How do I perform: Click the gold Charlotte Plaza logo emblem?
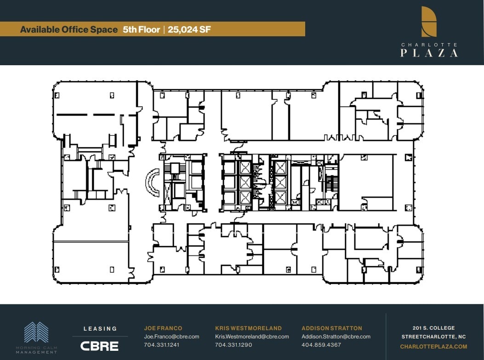coord(429,22)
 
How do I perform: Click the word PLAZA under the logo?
coord(429,53)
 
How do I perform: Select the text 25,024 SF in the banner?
coord(189,30)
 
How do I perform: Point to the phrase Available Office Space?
coord(69,30)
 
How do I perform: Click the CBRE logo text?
coord(99,346)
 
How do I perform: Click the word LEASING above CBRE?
coord(100,329)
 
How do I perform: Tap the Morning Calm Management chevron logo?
coord(36,332)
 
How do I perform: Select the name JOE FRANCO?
coord(163,328)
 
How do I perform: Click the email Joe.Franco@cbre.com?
coord(171,337)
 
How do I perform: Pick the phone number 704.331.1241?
coord(162,345)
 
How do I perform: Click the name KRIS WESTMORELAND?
coord(248,328)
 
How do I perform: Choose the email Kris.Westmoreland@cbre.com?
coord(252,337)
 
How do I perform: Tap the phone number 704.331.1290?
coord(233,345)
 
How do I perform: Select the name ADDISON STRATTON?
coord(332,328)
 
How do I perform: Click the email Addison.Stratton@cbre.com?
coord(336,337)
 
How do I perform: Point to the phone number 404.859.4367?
coord(321,345)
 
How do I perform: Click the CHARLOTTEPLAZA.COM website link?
coord(433,347)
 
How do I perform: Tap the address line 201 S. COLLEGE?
coord(433,328)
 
